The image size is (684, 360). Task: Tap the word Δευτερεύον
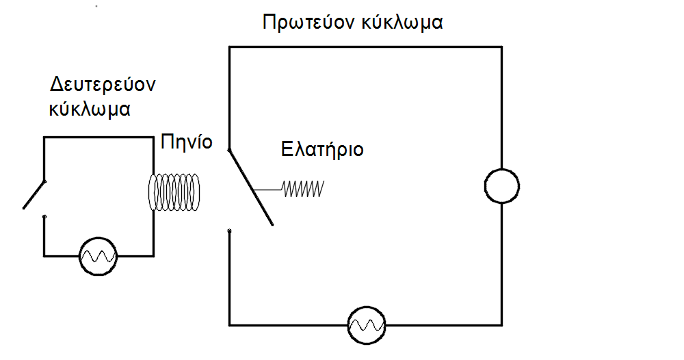(103, 86)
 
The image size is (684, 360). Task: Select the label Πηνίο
(186, 142)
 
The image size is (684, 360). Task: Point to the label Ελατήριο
(322, 150)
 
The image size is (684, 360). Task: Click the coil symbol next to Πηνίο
(174, 192)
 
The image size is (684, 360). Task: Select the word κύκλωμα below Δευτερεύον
(90, 109)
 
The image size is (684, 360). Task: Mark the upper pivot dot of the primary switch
(229, 150)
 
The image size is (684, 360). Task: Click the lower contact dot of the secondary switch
(44, 217)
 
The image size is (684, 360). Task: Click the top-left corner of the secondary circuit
(44, 138)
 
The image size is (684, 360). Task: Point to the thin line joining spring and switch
(269, 188)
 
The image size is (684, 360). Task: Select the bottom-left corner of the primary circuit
(229, 324)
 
